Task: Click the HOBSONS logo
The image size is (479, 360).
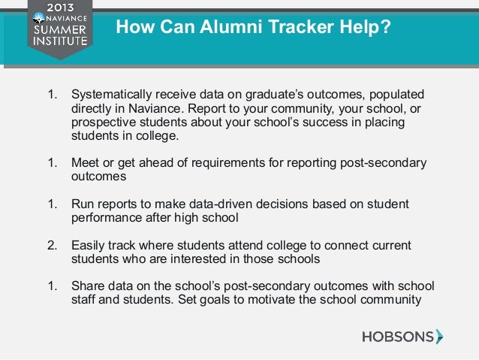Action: pyautogui.click(x=402, y=336)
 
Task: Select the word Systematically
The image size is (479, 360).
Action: pyautogui.click(x=111, y=95)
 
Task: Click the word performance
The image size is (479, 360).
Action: pyautogui.click(x=104, y=217)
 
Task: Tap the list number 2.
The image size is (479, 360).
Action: pyautogui.click(x=52, y=245)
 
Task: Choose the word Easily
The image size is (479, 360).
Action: pyautogui.click(x=87, y=245)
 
